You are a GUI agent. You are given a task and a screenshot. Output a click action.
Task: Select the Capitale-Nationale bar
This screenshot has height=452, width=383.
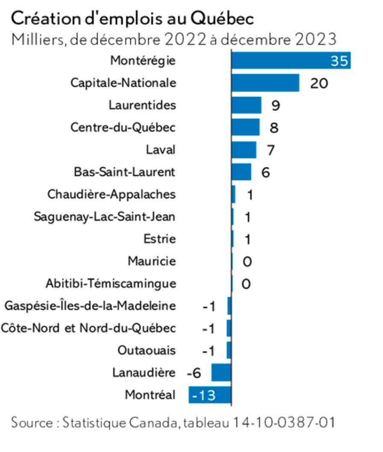click(265, 82)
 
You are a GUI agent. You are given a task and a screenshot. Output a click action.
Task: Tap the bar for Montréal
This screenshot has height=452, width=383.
click(209, 395)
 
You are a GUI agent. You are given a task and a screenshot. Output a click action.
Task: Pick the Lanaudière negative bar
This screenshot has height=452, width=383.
click(221, 373)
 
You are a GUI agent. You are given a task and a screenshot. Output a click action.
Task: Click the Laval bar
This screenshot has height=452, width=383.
click(244, 150)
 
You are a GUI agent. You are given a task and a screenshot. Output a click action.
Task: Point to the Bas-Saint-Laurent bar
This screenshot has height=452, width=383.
click(241, 172)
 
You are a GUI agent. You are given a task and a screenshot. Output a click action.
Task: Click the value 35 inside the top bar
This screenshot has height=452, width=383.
click(340, 61)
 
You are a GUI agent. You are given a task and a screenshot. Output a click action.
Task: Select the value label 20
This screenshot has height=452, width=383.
click(319, 83)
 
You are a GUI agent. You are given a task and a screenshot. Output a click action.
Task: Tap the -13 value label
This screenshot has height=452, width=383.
click(204, 396)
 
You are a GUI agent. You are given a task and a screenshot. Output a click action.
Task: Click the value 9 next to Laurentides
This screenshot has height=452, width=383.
click(276, 106)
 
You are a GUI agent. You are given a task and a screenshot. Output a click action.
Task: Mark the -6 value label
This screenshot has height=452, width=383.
click(194, 373)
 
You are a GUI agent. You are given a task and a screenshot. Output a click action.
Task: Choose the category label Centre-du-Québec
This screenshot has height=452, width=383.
click(123, 127)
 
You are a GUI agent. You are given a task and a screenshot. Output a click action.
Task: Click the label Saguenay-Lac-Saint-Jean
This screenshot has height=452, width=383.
click(105, 217)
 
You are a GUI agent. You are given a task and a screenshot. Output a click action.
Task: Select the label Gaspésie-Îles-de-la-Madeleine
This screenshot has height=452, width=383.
click(90, 306)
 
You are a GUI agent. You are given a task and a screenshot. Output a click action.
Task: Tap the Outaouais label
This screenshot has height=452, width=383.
click(146, 351)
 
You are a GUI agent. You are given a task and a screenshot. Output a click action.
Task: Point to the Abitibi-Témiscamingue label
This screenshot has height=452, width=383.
click(111, 284)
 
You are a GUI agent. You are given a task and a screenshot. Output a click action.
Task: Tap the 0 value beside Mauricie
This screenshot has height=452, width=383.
click(247, 261)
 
